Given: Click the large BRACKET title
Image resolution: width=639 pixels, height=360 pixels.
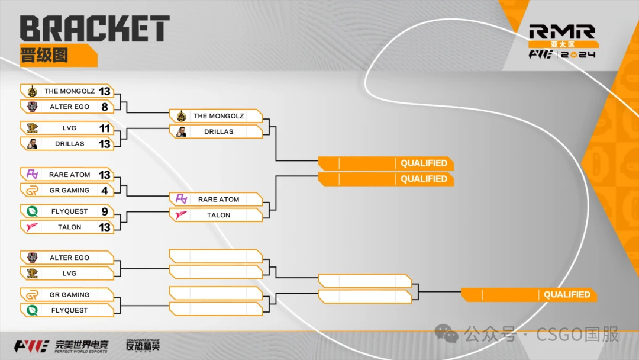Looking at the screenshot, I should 95,28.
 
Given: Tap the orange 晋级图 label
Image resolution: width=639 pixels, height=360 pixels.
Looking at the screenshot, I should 44,55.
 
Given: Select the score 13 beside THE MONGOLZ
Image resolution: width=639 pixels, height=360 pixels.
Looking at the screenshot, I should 105,91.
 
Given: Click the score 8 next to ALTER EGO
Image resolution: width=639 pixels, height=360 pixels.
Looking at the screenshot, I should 105,107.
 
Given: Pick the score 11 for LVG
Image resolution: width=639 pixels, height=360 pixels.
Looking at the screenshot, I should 105,128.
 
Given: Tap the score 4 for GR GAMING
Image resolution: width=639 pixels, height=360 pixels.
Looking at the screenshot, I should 105,190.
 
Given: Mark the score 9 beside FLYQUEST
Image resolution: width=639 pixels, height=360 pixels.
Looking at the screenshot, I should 105,211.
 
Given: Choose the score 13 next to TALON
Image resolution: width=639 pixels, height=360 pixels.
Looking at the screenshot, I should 105,227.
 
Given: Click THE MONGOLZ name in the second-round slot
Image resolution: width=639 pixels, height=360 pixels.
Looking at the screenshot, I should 218,116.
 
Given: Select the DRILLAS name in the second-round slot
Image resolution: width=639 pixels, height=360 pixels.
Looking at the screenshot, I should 218,131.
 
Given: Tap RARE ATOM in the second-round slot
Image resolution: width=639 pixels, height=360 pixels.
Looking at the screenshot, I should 218,200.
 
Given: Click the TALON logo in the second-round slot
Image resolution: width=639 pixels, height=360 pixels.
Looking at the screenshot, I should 181,215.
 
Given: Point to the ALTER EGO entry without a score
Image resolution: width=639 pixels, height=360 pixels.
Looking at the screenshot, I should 69,258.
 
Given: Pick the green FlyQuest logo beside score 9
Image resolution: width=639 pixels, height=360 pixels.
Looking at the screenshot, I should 32,211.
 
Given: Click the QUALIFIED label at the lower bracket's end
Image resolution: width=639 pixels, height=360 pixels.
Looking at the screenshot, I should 566,294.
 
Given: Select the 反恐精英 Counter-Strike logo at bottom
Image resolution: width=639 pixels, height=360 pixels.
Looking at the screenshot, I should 143,345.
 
